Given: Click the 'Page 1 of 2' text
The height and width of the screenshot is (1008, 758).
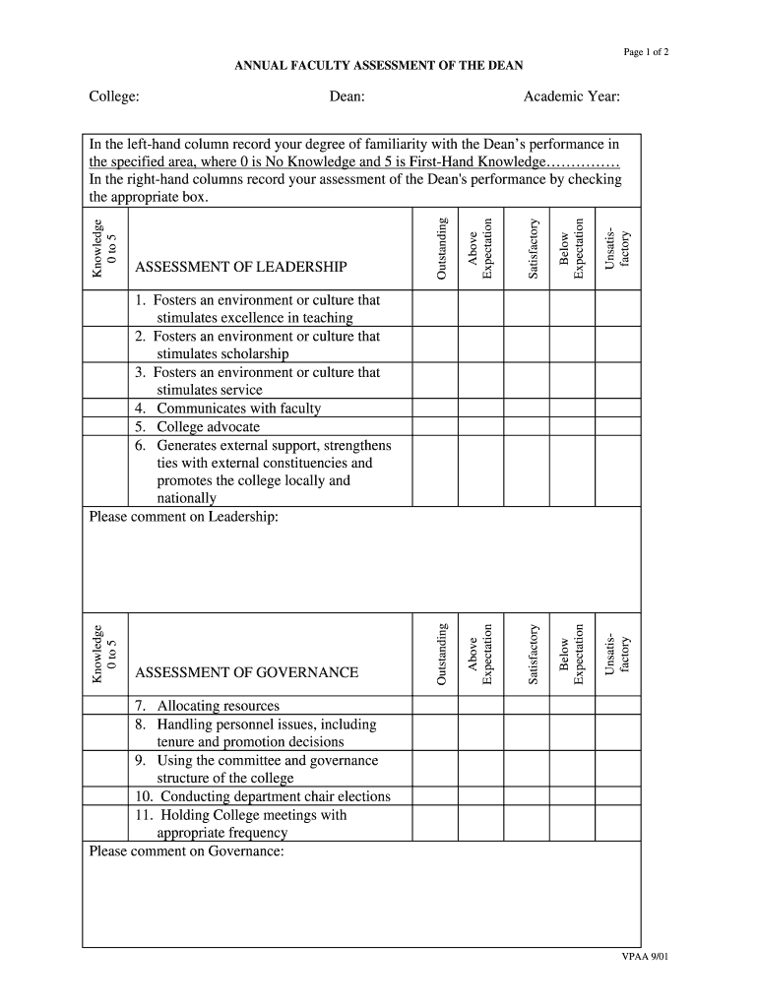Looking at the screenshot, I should click(x=647, y=52).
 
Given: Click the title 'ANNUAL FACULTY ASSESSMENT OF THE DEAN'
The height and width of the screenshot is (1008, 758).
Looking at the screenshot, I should click(x=378, y=66).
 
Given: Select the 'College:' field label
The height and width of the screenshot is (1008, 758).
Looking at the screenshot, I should click(x=113, y=96).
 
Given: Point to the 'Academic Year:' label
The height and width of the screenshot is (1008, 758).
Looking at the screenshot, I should click(x=571, y=96).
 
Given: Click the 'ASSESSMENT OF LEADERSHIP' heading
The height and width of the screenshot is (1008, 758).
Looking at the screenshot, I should click(x=240, y=267).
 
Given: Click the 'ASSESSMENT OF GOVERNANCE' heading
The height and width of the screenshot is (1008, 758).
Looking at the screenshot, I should click(x=246, y=672).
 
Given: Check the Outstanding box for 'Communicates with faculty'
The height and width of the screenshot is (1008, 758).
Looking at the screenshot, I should click(x=435, y=409).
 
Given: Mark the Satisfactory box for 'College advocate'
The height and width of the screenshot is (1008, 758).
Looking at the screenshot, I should click(x=527, y=426).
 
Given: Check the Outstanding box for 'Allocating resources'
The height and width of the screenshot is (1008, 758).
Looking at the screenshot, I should click(x=435, y=706).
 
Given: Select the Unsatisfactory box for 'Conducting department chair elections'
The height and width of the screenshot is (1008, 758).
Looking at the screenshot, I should click(x=617, y=796).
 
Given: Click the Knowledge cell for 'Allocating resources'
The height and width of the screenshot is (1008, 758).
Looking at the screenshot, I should click(x=105, y=706).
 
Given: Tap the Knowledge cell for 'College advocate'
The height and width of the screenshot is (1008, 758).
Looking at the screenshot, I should click(x=105, y=426).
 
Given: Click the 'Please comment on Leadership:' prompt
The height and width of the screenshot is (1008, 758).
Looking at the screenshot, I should click(x=184, y=517).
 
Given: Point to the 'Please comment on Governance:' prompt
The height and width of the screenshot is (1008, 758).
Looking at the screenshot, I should click(x=186, y=851).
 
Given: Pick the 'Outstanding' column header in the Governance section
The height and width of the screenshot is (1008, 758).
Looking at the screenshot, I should click(x=442, y=654).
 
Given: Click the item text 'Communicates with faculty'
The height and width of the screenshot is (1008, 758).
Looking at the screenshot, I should click(x=238, y=409).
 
